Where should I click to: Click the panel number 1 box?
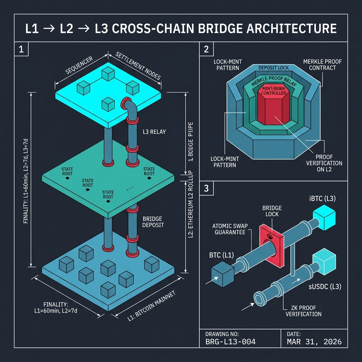click(x=21, y=49)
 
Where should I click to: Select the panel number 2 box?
click(x=206, y=49)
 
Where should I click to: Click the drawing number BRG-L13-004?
click(x=230, y=342)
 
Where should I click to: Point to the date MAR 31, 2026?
click(x=314, y=342)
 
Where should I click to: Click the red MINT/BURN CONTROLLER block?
click(x=273, y=106)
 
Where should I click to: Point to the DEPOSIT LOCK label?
click(x=273, y=68)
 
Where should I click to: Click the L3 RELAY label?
click(x=154, y=132)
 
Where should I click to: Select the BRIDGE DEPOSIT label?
click(x=153, y=222)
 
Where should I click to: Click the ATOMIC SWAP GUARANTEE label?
click(x=230, y=229)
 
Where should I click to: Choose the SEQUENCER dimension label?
click(x=79, y=65)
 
